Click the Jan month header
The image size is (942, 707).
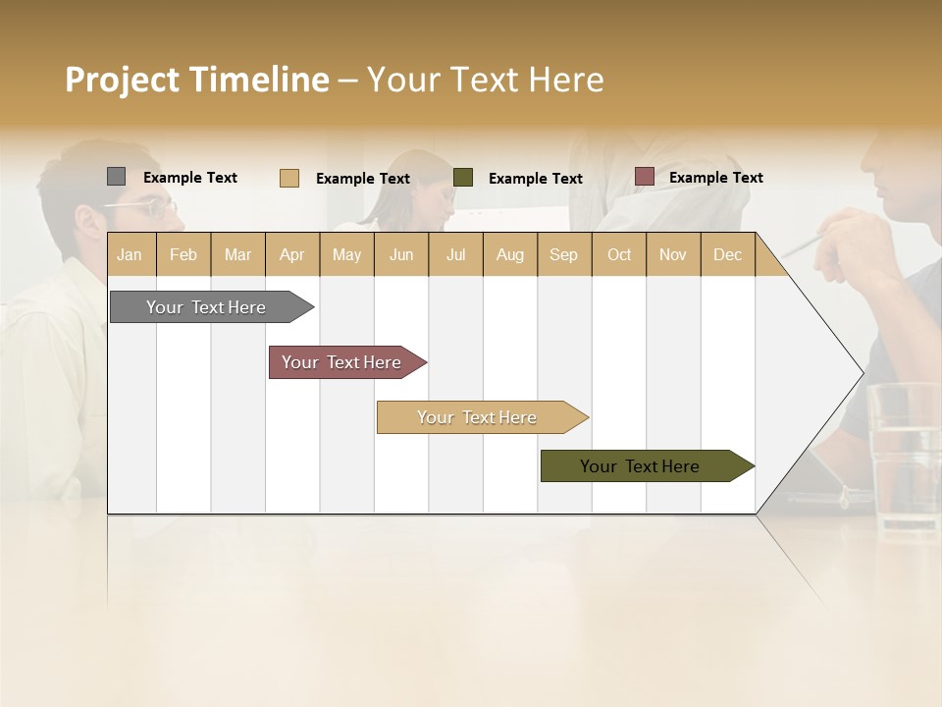130,254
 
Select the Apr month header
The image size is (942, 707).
291,254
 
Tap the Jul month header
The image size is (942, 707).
455,254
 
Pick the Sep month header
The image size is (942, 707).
563,254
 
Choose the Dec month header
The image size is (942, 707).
727,254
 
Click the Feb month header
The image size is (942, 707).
183,254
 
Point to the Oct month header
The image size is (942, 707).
619,254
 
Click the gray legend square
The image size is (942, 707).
116,177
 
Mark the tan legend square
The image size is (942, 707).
288,178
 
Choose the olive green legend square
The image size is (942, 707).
463,178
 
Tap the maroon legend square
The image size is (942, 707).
644,177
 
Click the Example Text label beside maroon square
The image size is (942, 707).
715,178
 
